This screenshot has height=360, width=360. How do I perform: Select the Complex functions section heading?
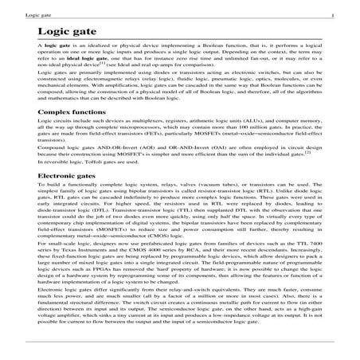72,135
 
